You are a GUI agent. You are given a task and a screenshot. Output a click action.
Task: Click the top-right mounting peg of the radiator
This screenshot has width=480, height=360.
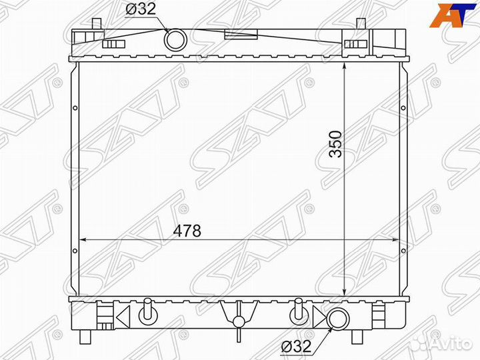coord(360,24)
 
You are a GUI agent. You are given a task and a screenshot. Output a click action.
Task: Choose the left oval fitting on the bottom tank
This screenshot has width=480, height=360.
coord(149,310)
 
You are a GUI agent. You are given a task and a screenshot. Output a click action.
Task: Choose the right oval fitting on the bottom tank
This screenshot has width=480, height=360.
coord(298,310)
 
